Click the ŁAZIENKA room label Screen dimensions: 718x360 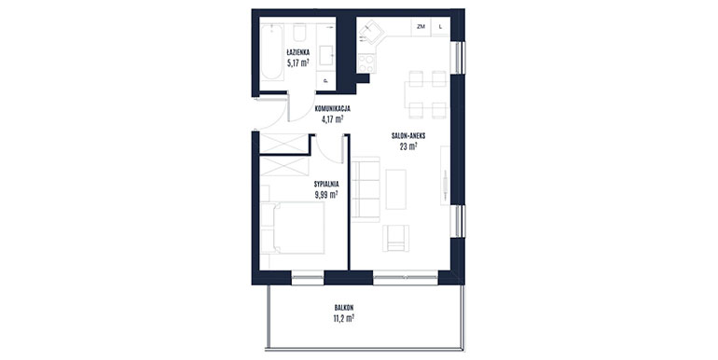click(x=298, y=52)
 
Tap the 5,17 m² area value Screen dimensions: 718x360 click(x=298, y=62)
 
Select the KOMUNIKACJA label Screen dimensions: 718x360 click(x=333, y=109)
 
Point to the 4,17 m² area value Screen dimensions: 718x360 click(x=333, y=119)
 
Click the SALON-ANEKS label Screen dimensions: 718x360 click(x=408, y=136)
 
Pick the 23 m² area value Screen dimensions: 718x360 click(x=408, y=146)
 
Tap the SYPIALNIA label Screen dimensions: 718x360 click(x=326, y=184)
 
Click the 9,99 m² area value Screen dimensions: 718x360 click(x=326, y=194)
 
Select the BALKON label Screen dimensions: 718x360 click(x=344, y=308)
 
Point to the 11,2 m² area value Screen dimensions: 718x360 click(x=344, y=318)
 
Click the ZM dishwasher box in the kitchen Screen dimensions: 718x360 click(x=421, y=26)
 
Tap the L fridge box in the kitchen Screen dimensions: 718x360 click(x=440, y=26)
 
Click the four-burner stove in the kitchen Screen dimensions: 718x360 click(x=366, y=63)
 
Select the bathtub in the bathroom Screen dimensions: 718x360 click(x=271, y=52)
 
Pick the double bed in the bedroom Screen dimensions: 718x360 click(x=293, y=228)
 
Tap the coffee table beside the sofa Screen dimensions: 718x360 click(x=396, y=189)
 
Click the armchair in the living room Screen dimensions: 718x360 click(x=396, y=238)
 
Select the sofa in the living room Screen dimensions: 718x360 click(x=366, y=189)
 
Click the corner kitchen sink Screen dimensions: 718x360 click(x=371, y=33)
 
